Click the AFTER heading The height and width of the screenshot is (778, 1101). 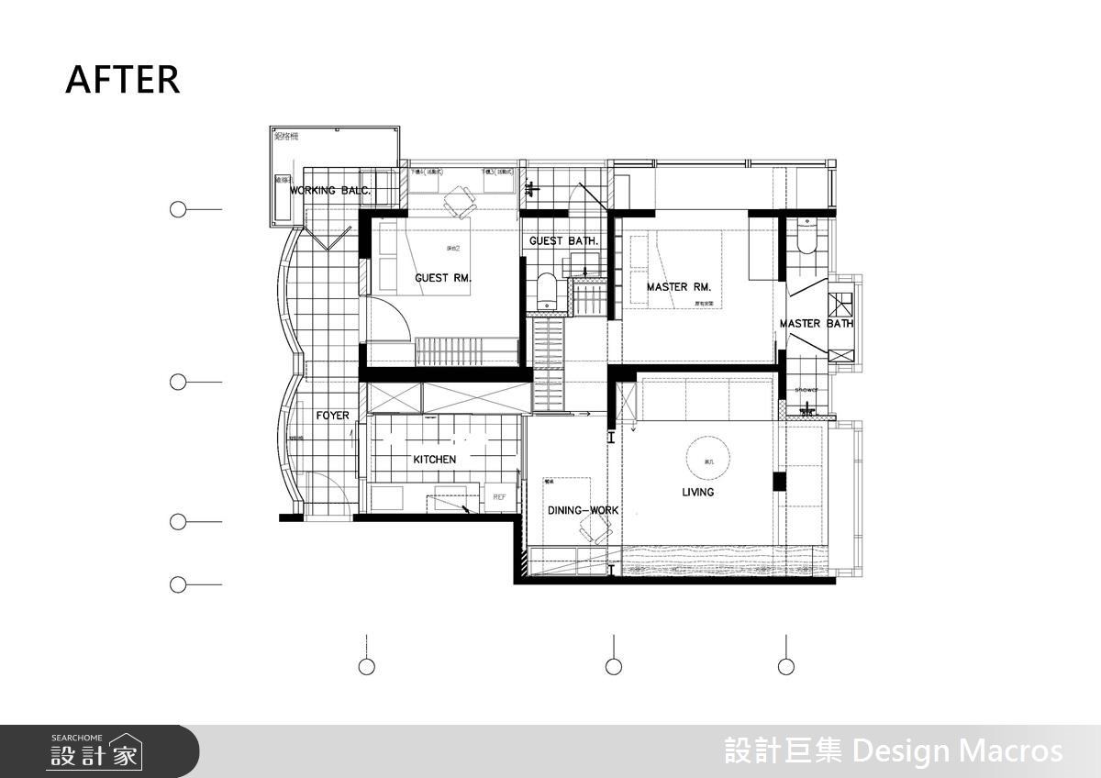point(122,80)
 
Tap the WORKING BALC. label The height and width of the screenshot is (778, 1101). point(330,191)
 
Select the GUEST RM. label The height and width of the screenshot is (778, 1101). point(443,278)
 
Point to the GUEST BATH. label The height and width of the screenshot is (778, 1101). point(563,241)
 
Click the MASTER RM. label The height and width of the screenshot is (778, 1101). point(678,287)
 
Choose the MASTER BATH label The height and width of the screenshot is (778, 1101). point(816,324)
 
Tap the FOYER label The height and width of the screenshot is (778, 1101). point(332,416)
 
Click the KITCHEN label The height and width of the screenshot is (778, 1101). point(434,459)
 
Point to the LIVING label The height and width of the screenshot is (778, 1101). point(697,493)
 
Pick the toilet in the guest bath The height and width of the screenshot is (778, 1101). point(546,289)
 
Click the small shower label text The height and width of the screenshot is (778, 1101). point(806,390)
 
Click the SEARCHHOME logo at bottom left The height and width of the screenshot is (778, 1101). point(95,751)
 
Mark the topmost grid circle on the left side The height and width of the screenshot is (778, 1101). point(178,209)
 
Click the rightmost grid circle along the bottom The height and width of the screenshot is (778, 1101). point(785,666)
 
